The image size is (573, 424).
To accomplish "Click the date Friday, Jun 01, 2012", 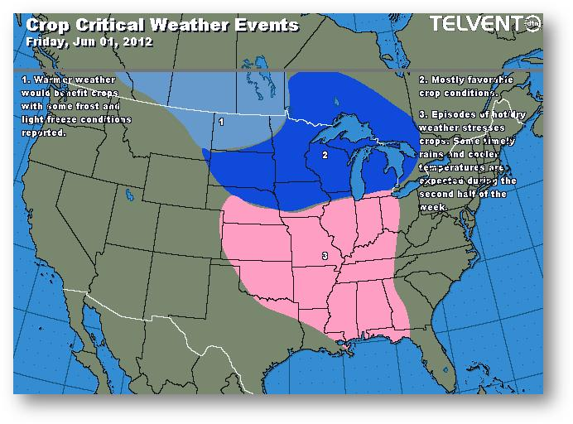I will (x=89, y=42).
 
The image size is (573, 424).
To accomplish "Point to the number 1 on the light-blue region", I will (x=221, y=122).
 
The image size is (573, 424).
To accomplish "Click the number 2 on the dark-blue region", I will (x=325, y=155).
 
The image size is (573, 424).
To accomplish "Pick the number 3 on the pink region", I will (x=324, y=257).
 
